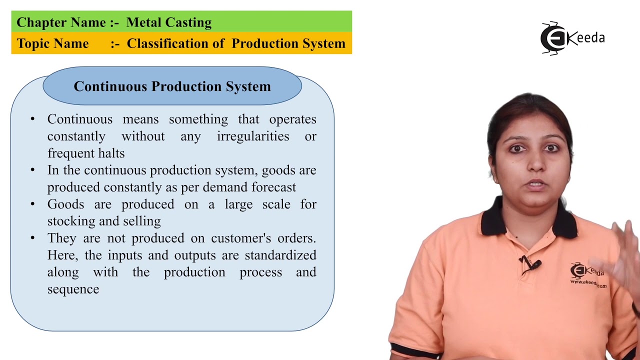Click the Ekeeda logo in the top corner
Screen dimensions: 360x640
(572, 38)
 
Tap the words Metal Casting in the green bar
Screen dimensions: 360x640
(169, 22)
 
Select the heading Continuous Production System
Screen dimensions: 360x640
(172, 86)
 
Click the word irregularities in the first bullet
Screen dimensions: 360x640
(253, 136)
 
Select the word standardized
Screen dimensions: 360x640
(280, 255)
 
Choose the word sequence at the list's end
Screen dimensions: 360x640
(73, 289)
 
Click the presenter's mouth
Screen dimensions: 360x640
(534, 184)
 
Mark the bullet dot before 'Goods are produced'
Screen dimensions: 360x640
(33, 204)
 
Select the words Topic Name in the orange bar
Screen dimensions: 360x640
(52, 43)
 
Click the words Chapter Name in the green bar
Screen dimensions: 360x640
(61, 22)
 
